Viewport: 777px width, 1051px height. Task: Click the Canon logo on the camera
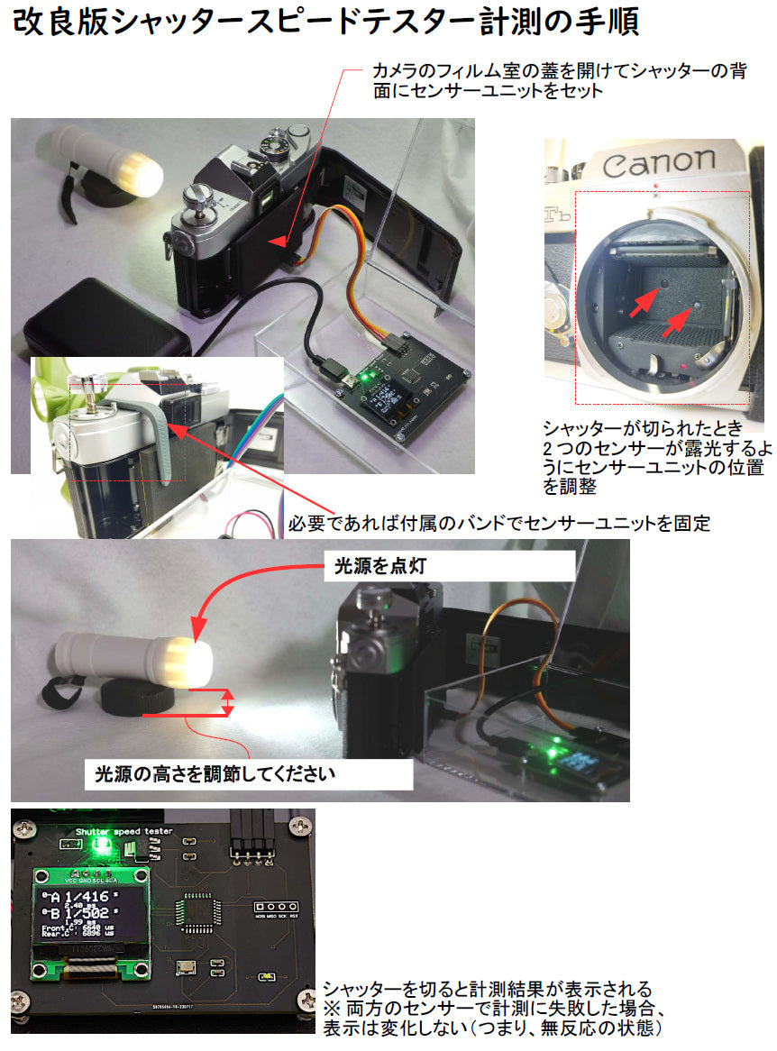(x=660, y=164)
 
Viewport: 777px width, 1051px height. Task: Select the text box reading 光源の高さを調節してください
(x=216, y=773)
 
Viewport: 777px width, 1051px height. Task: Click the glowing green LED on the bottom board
(x=102, y=845)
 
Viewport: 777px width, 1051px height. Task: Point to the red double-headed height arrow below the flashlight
(x=228, y=704)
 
